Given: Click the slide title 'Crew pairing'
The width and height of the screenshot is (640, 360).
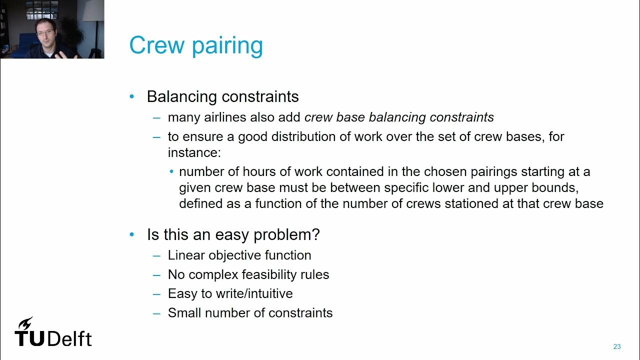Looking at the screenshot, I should click(196, 45).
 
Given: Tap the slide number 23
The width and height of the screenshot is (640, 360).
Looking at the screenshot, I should click(616, 346).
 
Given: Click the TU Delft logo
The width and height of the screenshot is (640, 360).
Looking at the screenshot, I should click(53, 332).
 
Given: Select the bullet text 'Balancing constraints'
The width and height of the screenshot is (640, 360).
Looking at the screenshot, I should click(222, 96).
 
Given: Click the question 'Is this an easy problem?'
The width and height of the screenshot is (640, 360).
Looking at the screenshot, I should click(233, 234).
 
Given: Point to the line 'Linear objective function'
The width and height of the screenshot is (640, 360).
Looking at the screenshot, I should click(239, 255).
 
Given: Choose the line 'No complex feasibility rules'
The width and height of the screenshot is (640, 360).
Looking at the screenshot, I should click(248, 274).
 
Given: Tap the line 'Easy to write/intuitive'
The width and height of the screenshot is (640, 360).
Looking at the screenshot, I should click(230, 293).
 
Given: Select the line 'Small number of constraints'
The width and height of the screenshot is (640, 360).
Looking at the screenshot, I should click(250, 312).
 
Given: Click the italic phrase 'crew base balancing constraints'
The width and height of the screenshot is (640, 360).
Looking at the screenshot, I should click(399, 117).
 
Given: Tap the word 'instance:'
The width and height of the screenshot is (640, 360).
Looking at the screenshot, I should click(194, 152).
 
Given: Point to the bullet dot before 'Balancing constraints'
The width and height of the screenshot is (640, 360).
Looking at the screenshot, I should click(132, 96).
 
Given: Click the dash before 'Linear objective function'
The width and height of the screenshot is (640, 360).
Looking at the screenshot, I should click(157, 255).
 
